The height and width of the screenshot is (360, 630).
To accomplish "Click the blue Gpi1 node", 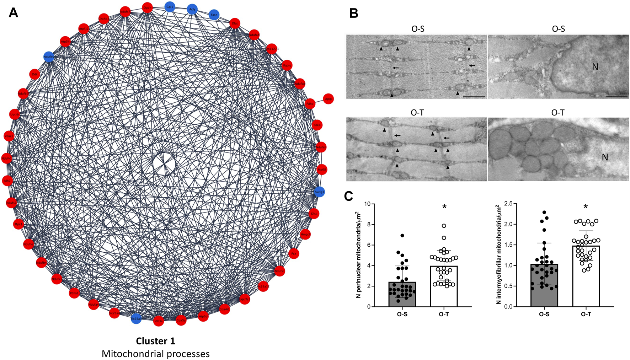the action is tap(170, 6).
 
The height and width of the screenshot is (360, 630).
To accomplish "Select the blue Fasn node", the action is tap(214, 15).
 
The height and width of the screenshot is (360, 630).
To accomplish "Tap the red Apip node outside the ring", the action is tap(328, 99).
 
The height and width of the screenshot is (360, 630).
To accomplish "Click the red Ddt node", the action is tap(34, 74).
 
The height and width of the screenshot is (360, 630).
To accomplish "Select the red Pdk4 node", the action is tap(317, 125).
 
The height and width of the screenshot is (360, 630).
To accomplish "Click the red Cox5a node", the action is tap(181, 320).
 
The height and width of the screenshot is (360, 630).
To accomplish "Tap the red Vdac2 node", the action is tap(9, 136).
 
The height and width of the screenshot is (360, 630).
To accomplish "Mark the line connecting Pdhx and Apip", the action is tap(319, 102).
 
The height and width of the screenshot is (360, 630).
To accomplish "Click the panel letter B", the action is tap(353, 14).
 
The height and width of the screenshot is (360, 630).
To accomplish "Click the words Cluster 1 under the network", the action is tap(156, 341).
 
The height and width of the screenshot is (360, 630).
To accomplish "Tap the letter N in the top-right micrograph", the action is tap(595, 66).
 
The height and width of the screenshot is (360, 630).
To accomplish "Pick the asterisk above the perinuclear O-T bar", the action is tap(444, 207).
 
